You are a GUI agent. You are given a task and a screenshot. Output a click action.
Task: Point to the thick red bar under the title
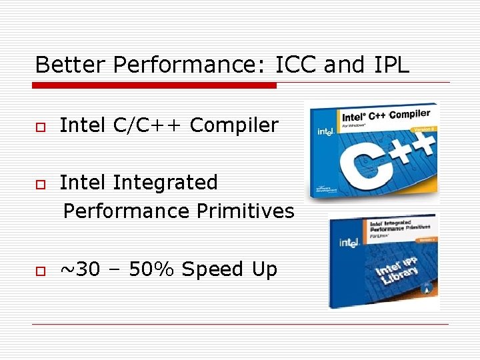click(155, 85)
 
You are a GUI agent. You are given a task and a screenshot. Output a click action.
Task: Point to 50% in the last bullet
click(151, 269)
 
